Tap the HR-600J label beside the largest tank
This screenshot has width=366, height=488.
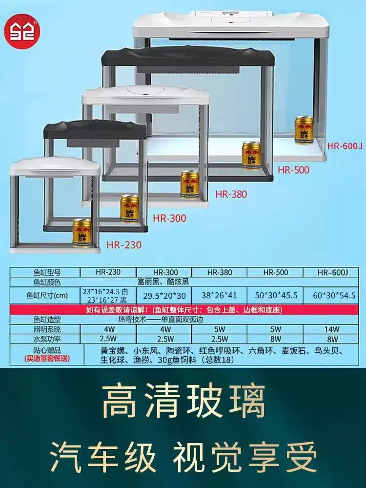(x=345, y=145)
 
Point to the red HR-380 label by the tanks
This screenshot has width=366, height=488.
(x=231, y=194)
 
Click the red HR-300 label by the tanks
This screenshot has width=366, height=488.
(x=169, y=218)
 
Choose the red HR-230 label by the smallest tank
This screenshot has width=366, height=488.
(x=123, y=244)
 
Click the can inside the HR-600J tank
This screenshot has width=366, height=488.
(x=304, y=129)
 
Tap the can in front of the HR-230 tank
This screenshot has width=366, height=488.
(x=82, y=233)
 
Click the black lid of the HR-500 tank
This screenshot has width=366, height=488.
(x=188, y=59)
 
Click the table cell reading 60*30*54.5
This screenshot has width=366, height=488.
(x=334, y=295)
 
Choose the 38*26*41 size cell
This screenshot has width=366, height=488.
(x=219, y=295)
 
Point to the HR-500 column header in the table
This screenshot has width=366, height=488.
(x=275, y=272)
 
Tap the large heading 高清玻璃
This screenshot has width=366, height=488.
(x=183, y=401)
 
